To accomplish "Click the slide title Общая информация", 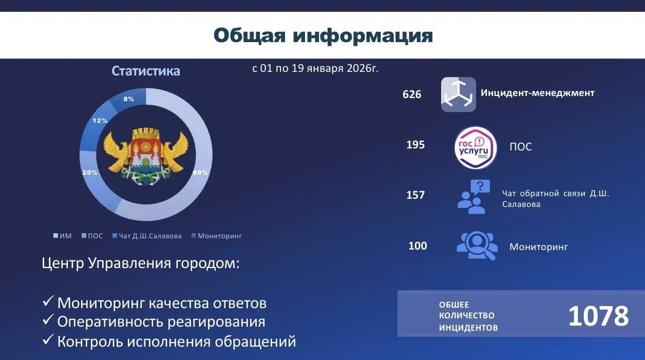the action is [323, 36].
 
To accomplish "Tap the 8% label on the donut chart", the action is [129, 99].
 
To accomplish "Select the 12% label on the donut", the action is [100, 121].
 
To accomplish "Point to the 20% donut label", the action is [90, 173].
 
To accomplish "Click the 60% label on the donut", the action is [200, 173].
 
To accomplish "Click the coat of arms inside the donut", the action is [146, 157].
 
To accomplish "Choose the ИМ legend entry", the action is [63, 236].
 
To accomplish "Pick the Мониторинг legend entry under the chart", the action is [217, 236].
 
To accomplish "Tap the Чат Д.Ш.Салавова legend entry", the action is [147, 236].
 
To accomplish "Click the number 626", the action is [412, 94].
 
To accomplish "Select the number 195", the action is [415, 145].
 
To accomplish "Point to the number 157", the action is [415, 195].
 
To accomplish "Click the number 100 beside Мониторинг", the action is [418, 245].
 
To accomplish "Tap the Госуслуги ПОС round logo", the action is [476, 147].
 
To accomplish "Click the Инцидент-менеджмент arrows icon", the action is [459, 94].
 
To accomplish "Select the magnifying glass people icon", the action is [477, 245].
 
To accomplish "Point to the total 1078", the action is [598, 316].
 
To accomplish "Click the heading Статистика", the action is [146, 71].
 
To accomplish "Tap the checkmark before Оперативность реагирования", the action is [48, 319].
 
